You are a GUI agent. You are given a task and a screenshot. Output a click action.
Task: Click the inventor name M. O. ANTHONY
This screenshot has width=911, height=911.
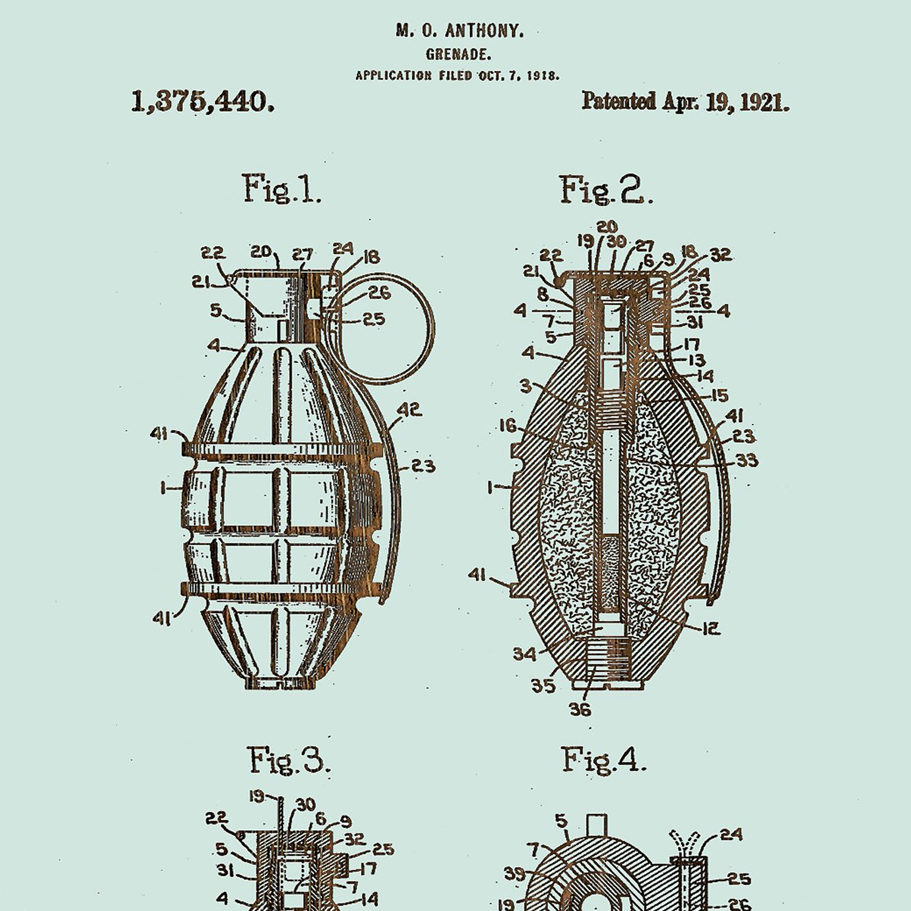[459, 30]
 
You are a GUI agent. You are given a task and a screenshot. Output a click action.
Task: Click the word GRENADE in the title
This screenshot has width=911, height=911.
[459, 55]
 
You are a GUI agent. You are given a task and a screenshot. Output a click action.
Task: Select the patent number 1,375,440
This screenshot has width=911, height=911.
[203, 101]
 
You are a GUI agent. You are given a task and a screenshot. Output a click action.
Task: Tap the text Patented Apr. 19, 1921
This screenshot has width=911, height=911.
[685, 101]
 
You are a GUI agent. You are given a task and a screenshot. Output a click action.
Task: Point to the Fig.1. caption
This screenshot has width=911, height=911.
[282, 189]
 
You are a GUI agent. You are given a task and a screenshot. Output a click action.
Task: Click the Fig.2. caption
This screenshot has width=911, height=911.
[606, 190]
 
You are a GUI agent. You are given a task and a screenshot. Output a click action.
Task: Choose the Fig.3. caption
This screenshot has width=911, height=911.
[288, 760]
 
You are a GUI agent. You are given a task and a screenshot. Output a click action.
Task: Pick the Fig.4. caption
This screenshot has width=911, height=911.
[603, 760]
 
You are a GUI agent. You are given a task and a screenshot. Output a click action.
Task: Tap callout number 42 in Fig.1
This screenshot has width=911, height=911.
[409, 410]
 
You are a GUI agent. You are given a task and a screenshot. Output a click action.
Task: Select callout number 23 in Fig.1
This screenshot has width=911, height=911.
[423, 466]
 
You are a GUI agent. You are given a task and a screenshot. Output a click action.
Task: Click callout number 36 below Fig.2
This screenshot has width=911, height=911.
[579, 709]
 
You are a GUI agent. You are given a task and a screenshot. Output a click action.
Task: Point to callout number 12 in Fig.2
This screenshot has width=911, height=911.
[711, 629]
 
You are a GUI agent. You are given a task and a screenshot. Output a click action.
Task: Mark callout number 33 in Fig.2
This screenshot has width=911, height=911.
[747, 461]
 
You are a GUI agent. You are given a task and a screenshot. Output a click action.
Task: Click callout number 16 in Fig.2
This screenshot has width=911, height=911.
[508, 426]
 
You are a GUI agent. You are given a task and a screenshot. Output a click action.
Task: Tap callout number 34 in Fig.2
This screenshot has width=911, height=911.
[524, 653]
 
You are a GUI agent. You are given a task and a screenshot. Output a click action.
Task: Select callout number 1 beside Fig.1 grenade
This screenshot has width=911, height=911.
[163, 488]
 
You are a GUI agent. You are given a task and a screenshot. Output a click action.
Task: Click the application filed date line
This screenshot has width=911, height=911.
[457, 76]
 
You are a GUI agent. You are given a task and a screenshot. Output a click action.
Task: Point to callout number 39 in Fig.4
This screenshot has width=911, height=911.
[514, 874]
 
